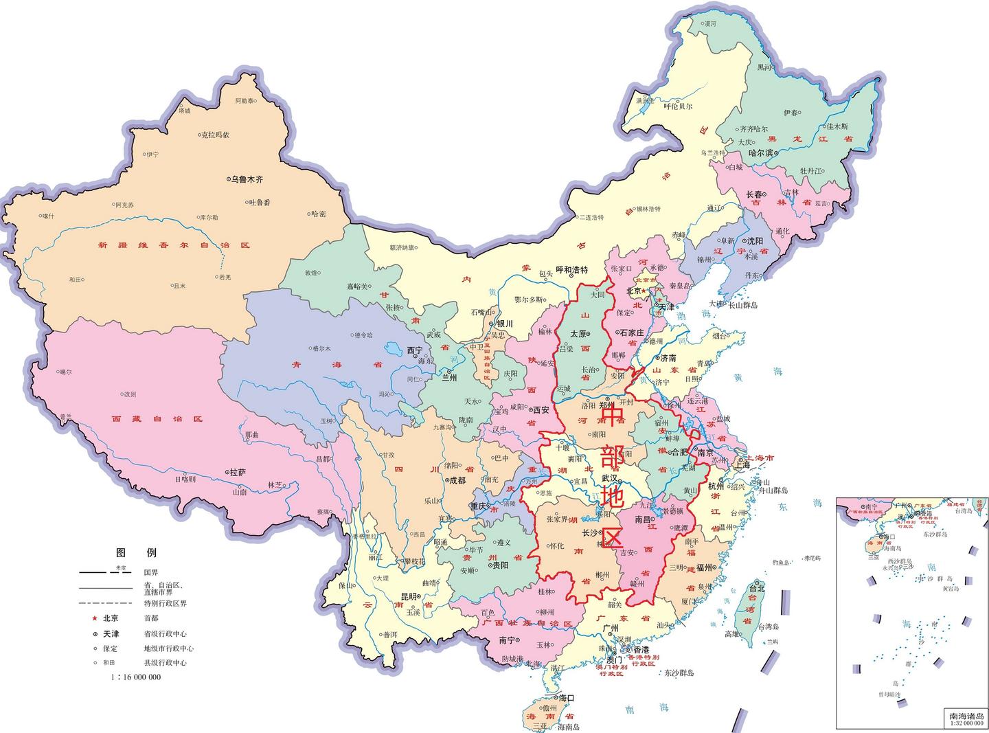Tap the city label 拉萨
[x=237, y=473]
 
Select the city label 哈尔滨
[x=760, y=153]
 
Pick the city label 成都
[x=457, y=481]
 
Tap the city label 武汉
[x=610, y=478]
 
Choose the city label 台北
[x=756, y=589]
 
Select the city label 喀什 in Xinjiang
[x=48, y=216]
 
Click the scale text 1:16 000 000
[x=135, y=677]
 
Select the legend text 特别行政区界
[x=165, y=603]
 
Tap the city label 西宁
[x=415, y=350]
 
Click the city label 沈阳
[x=755, y=241]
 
